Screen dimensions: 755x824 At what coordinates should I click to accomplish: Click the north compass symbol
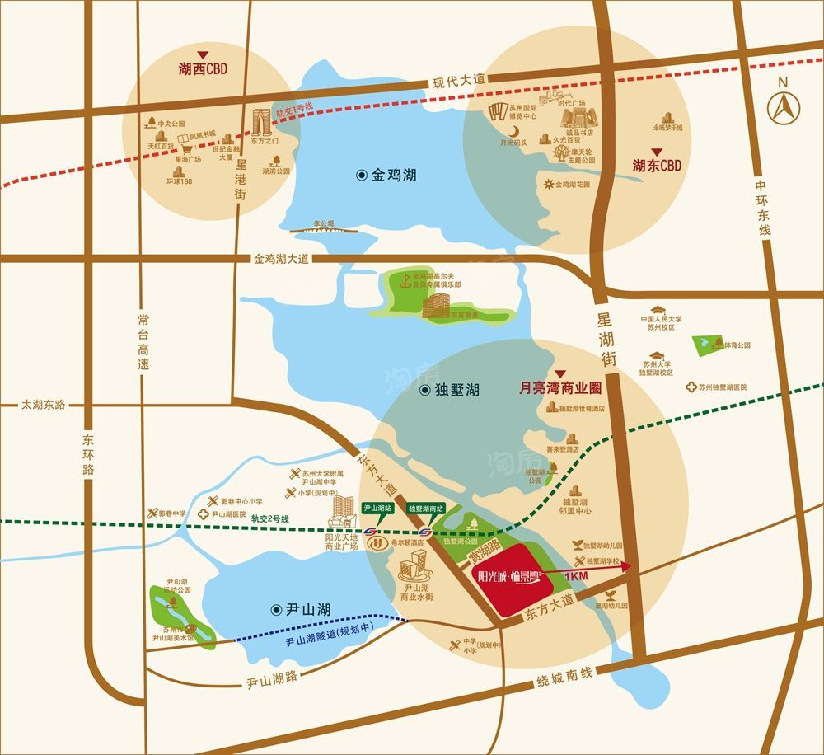click(x=784, y=105)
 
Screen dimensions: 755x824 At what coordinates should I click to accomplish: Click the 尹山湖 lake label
click(x=302, y=610)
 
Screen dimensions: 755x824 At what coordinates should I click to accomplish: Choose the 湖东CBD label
click(x=657, y=165)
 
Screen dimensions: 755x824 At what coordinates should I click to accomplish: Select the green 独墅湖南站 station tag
click(x=427, y=509)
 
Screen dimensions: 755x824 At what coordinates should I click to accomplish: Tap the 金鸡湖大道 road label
click(x=281, y=258)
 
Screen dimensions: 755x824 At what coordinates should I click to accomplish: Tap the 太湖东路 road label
click(x=43, y=405)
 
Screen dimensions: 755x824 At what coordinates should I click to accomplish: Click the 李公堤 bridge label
click(x=324, y=223)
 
